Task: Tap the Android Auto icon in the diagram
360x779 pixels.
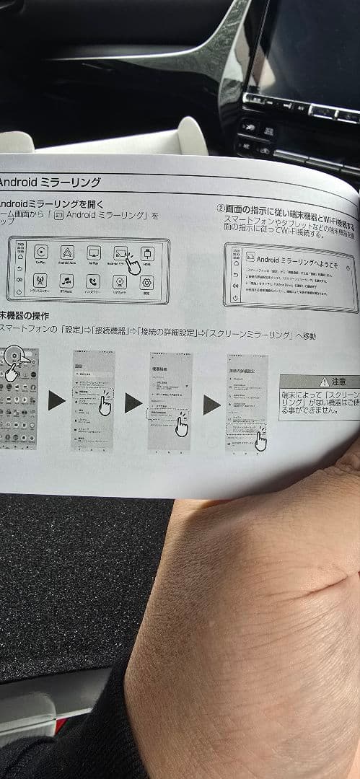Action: (x=67, y=252)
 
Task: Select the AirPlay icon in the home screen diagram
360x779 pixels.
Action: (x=93, y=252)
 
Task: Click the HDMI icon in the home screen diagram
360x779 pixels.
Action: (x=147, y=254)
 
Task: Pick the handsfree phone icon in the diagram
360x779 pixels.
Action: (x=93, y=281)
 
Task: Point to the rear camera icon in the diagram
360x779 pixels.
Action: (x=120, y=282)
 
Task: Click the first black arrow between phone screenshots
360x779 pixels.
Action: (x=57, y=400)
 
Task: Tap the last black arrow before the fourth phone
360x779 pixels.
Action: (x=211, y=405)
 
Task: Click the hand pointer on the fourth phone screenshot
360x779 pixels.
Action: (x=260, y=439)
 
